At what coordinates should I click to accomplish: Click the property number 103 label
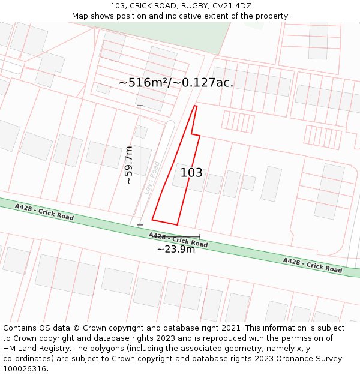pos(191,173)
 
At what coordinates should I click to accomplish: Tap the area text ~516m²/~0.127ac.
pos(176,82)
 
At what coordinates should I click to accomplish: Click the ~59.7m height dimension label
pos(128,164)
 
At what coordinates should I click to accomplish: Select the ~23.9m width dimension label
pos(176,249)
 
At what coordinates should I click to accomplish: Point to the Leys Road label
pos(152,178)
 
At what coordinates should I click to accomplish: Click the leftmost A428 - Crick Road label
pos(44,212)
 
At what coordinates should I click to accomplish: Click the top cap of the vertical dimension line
pos(140,106)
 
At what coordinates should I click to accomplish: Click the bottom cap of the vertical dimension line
pos(140,225)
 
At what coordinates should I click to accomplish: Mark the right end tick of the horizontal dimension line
pos(200,237)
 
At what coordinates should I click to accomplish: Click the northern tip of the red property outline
pos(196,106)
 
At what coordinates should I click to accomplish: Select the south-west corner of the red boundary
pos(152,220)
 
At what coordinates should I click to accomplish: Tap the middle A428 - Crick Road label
pos(178,240)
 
